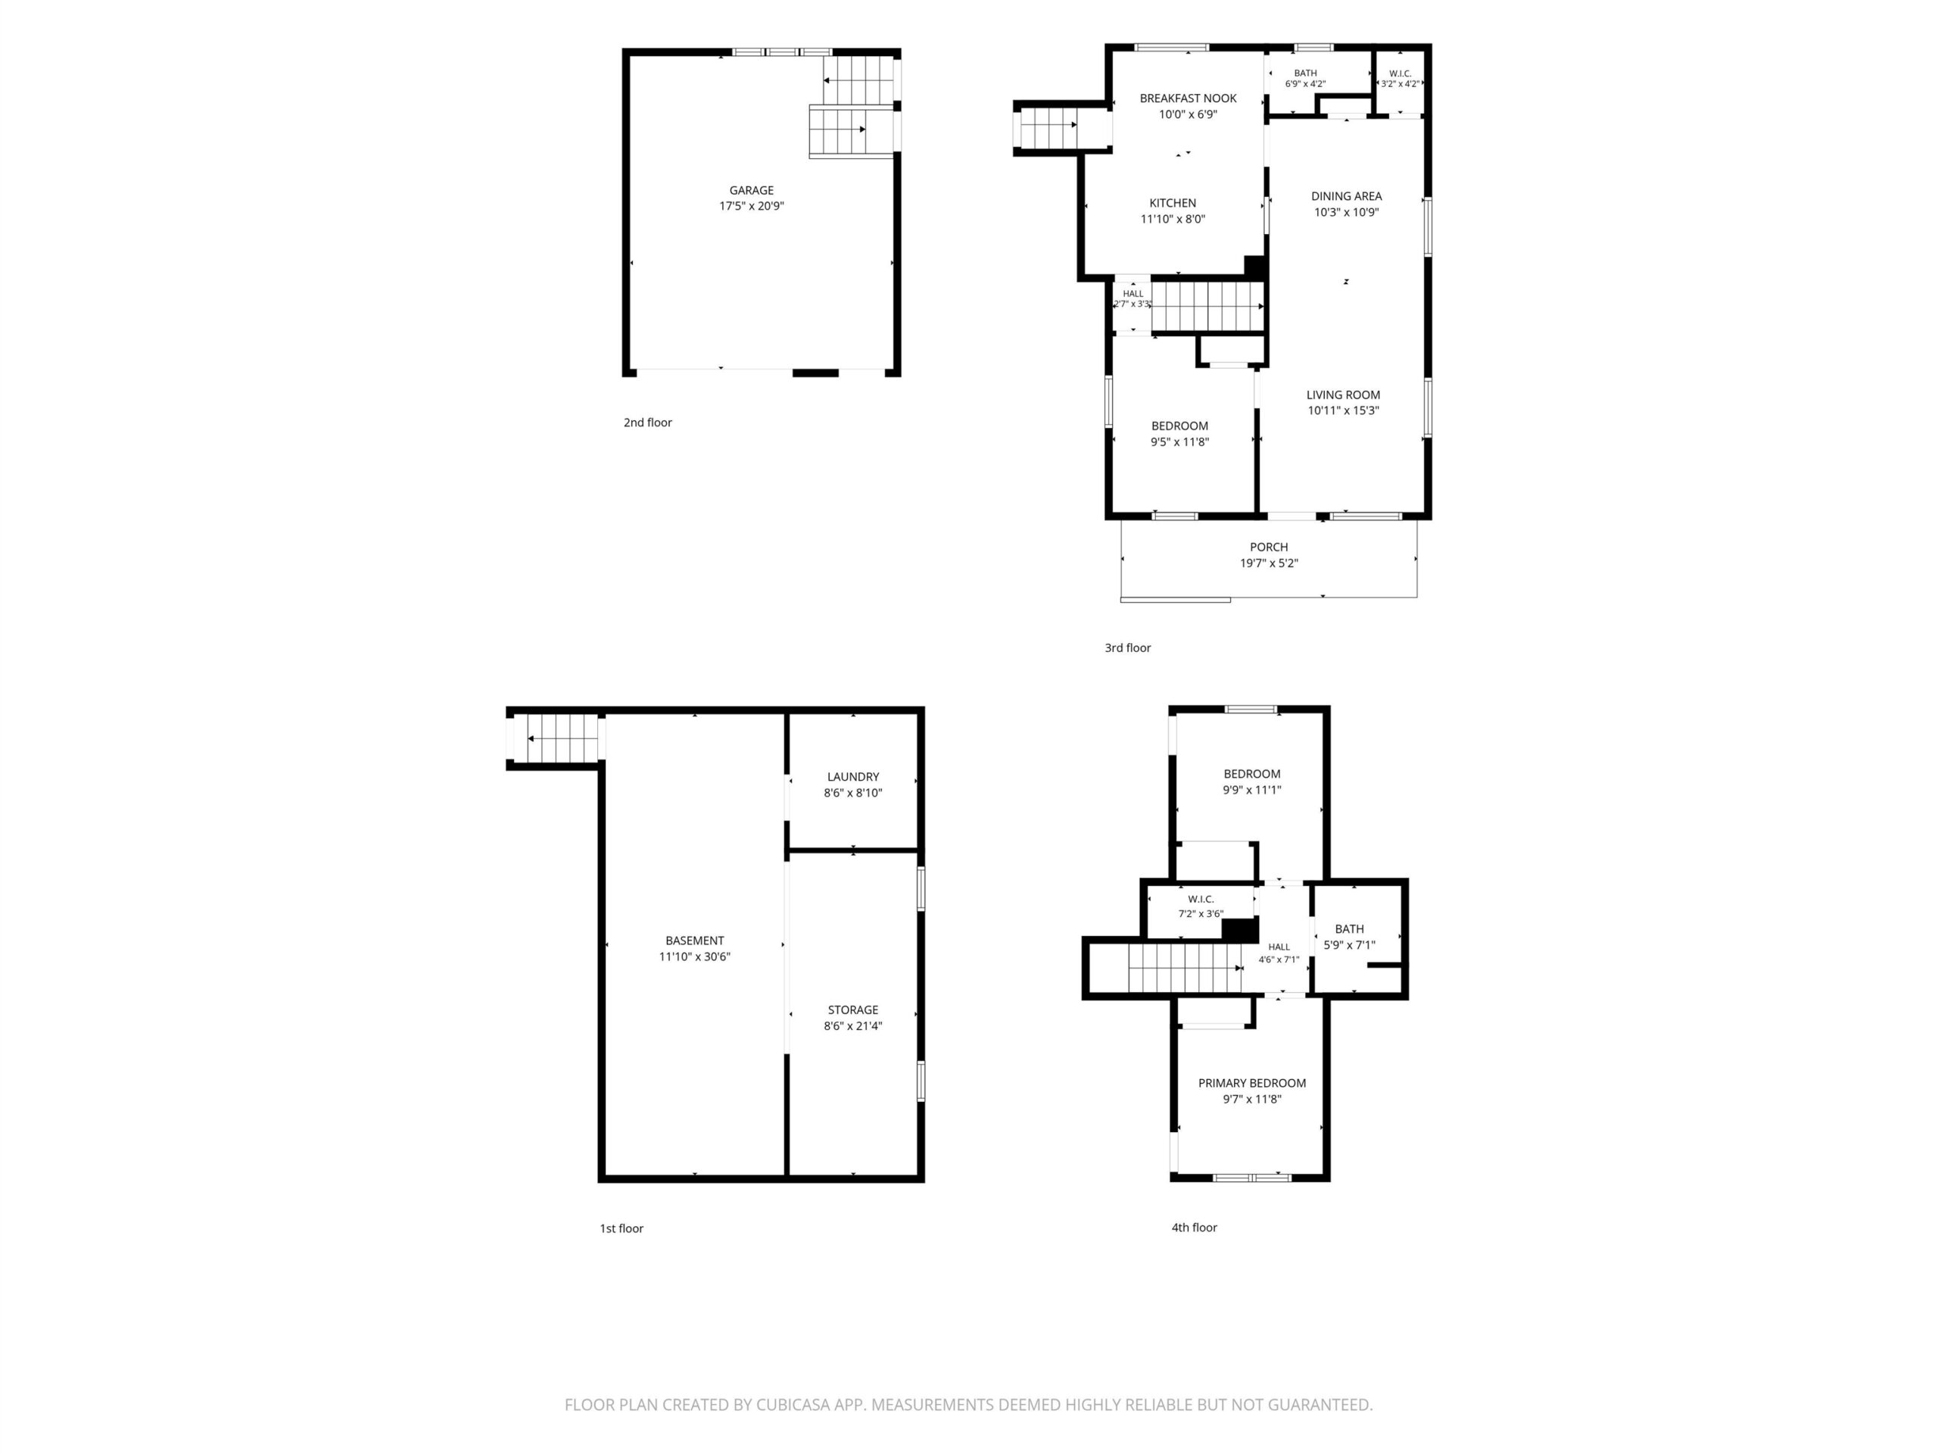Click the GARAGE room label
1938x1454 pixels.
click(x=752, y=190)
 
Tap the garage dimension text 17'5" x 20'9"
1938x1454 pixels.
click(x=752, y=206)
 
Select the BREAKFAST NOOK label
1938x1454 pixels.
click(x=1188, y=98)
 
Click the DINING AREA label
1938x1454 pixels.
click(x=1346, y=196)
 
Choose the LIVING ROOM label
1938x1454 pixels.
click(x=1343, y=395)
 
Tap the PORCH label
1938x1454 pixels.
click(x=1269, y=547)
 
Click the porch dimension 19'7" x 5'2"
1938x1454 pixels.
click(x=1269, y=563)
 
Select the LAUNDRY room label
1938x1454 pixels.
click(x=852, y=776)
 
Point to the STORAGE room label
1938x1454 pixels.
click(x=852, y=1009)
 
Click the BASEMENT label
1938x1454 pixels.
click(x=695, y=941)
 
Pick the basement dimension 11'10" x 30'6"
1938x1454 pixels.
click(x=695, y=957)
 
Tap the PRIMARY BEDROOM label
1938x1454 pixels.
click(x=1252, y=1083)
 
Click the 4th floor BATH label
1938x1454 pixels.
click(x=1349, y=929)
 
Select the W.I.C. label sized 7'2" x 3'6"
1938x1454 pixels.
click(x=1201, y=899)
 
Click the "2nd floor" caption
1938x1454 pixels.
click(x=647, y=423)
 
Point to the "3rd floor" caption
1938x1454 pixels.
click(x=1127, y=647)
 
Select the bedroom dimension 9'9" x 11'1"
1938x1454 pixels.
click(x=1252, y=790)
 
